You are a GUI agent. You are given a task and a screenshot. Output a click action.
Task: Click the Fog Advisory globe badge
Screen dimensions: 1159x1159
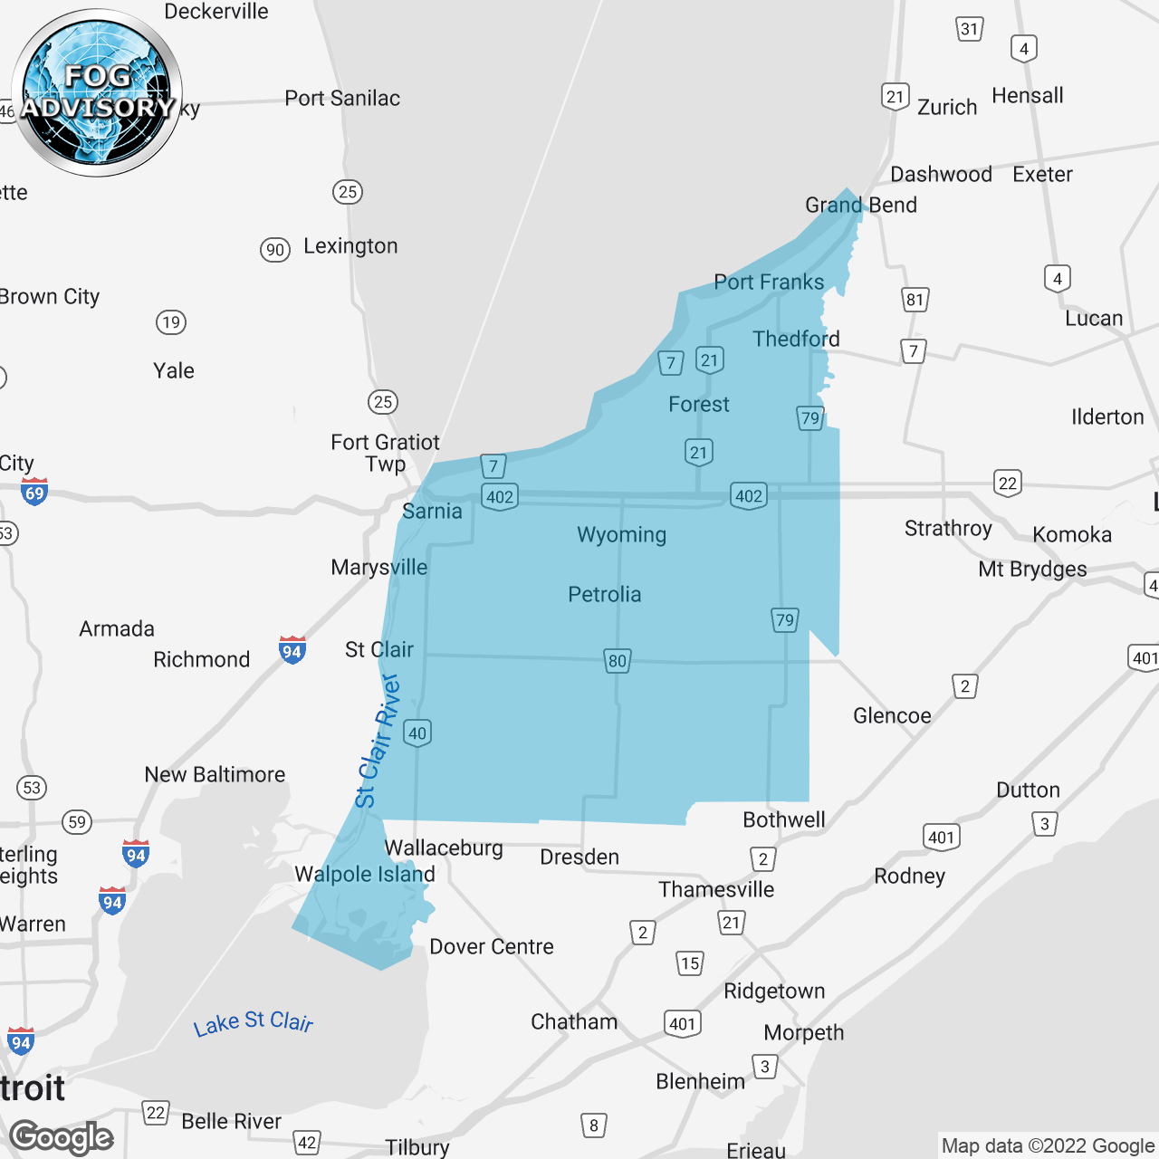point(97,93)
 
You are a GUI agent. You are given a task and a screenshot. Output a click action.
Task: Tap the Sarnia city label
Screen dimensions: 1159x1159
point(432,512)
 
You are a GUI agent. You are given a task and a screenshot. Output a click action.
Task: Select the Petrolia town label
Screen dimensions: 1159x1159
point(604,595)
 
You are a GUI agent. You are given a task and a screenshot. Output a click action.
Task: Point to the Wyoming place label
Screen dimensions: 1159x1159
point(621,535)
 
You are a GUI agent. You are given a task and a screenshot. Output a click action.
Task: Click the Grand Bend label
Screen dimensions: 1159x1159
point(861,206)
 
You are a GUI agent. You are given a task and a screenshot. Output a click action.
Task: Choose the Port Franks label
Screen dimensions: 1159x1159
point(769,283)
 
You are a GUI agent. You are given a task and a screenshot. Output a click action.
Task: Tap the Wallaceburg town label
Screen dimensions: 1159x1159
point(444,848)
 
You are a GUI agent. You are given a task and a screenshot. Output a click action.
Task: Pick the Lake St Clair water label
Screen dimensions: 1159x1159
point(254,1022)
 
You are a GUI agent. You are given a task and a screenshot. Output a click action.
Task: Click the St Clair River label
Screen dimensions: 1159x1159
point(378,741)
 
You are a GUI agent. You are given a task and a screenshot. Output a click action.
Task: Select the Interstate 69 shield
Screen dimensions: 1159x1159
point(34,492)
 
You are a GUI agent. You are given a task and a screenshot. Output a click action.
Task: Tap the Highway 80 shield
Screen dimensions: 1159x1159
point(618,661)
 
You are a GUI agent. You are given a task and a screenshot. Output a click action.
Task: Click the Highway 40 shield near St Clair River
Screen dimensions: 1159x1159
point(417,733)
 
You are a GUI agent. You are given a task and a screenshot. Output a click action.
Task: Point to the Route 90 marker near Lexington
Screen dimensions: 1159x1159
point(275,250)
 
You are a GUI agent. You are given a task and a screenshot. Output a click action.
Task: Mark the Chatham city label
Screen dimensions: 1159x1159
point(574,1022)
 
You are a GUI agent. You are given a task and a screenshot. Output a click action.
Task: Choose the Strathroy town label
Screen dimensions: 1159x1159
point(948,529)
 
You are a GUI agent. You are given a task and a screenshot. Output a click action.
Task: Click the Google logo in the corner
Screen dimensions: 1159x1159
point(62,1138)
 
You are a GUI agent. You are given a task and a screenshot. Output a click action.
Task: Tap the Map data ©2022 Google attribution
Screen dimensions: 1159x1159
point(1048,1146)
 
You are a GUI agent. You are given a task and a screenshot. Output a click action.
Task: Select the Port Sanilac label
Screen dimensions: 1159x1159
point(342,99)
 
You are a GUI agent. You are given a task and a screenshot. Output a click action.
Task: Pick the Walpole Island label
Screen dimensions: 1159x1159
point(365,875)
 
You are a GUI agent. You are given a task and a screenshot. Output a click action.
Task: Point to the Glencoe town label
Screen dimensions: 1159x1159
point(892,716)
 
